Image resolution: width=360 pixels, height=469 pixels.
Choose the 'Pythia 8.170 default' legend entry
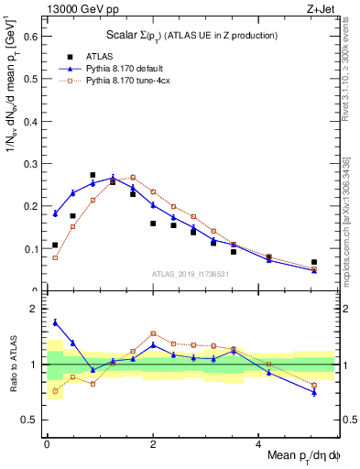(128, 69)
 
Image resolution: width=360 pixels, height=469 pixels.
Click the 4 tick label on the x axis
(259, 443)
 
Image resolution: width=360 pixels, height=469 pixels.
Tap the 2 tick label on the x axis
(153, 443)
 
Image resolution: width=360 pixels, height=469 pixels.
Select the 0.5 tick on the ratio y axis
(31, 420)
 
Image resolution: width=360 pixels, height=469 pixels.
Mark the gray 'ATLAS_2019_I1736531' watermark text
(189, 274)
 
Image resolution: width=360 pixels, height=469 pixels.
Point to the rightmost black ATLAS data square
(314, 262)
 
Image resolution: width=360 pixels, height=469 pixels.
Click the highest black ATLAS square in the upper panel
(93, 175)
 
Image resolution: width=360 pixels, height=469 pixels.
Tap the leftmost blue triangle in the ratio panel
(55, 322)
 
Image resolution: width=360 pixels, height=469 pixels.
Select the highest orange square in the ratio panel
(153, 333)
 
